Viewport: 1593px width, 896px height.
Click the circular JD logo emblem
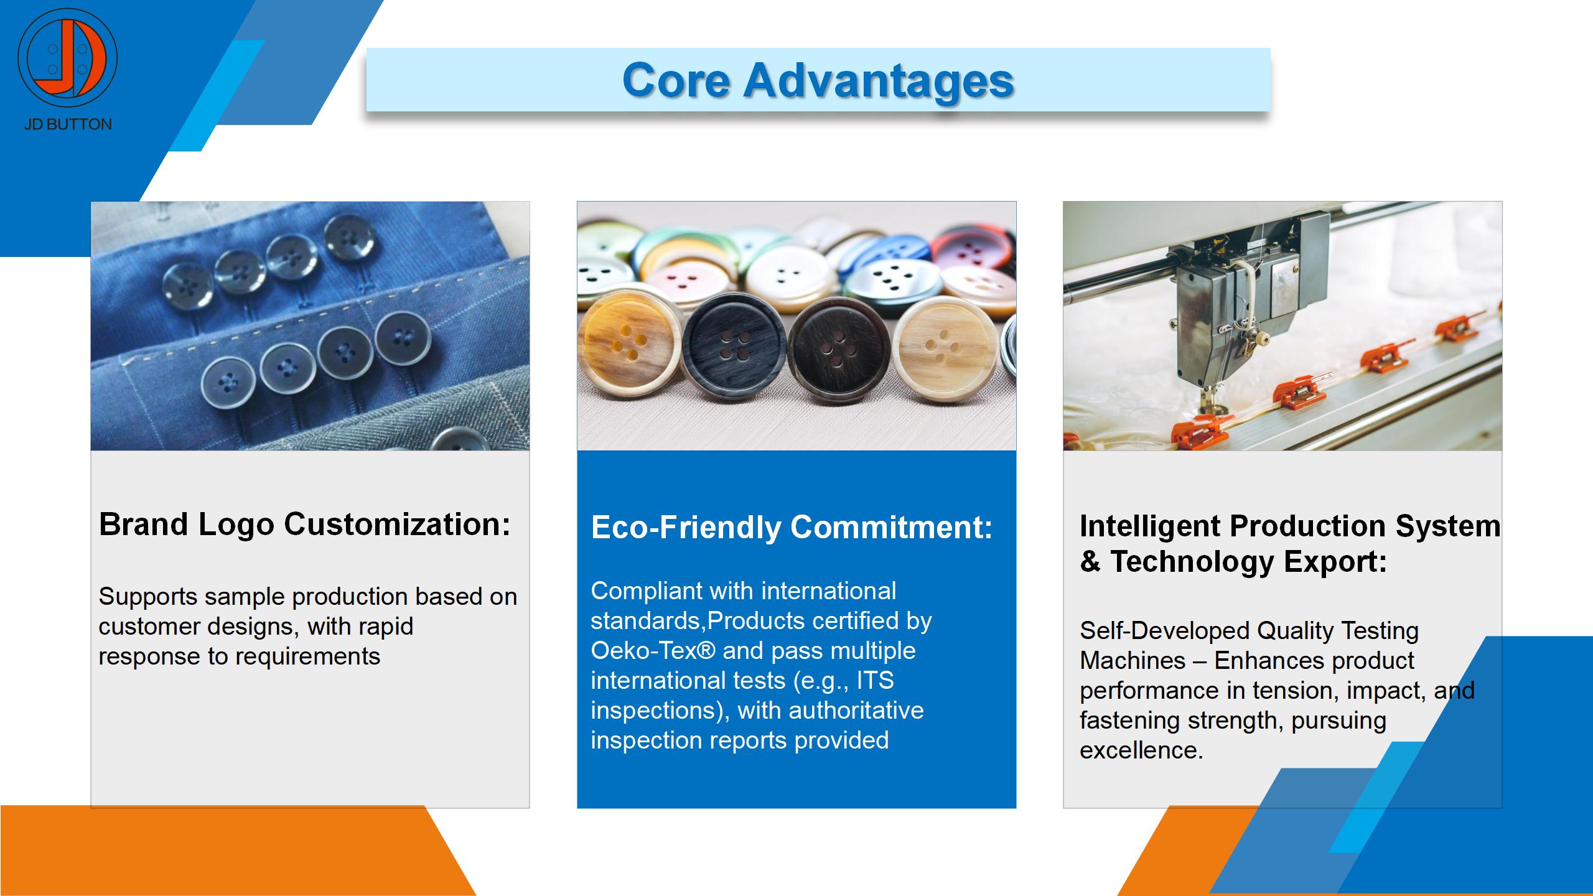67,57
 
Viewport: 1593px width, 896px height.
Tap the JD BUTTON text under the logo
68,124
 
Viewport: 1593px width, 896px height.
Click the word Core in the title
676,80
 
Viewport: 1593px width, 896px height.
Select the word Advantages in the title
879,82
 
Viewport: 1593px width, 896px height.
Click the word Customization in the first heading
397,524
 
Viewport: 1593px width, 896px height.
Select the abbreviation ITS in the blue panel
875,680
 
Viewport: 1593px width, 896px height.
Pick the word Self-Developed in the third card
1164,631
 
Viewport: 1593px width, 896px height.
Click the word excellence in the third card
1141,750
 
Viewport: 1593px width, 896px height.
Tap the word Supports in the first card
148,597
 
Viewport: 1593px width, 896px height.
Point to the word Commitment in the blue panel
892,527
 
